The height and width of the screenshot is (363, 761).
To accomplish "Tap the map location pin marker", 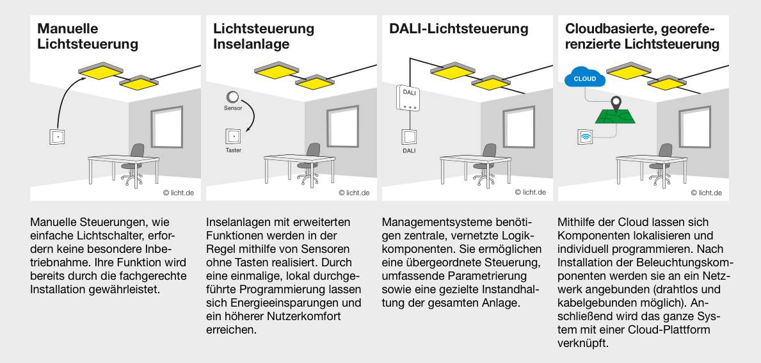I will tap(616, 103).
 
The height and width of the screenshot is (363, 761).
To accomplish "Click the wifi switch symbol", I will tap(586, 137).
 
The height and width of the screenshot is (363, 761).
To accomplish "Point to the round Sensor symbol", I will tap(233, 97).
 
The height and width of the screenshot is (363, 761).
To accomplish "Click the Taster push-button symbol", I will tap(233, 137).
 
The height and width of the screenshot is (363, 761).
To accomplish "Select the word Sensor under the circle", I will tap(233, 108).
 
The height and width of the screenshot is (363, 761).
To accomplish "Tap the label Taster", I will tap(233, 150).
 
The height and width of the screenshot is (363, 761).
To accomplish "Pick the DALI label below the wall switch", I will tap(409, 151).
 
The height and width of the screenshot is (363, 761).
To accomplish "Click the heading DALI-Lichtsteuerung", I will tap(458, 29).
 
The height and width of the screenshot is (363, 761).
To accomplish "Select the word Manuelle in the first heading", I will tap(67, 29).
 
